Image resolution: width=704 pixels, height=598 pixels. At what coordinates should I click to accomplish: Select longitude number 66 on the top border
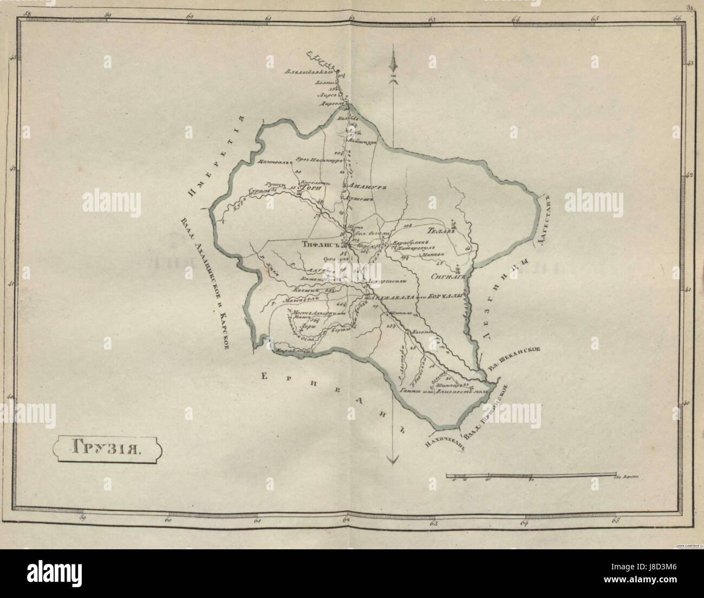pyautogui.click(x=677, y=18)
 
